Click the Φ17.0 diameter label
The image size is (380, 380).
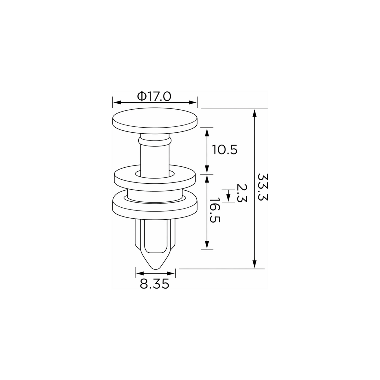coord(154,97)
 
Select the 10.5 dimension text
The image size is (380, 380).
coord(225,150)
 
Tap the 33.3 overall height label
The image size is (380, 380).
coord(263,187)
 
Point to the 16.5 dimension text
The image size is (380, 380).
coord(215,210)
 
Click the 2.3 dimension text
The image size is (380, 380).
coord(242,193)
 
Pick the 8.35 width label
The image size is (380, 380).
coord(154,284)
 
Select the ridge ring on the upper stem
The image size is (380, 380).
coord(155,141)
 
